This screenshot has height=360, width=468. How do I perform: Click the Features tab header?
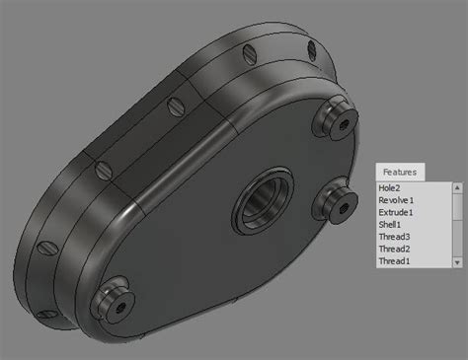click(400, 172)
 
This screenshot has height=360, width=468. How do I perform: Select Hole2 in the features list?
click(389, 187)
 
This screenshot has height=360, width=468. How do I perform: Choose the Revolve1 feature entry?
click(395, 200)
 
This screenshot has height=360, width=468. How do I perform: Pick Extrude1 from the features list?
click(395, 213)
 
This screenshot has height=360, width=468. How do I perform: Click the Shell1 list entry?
click(389, 225)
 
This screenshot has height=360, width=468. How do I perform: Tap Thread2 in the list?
click(393, 250)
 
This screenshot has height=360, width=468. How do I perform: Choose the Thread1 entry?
click(393, 262)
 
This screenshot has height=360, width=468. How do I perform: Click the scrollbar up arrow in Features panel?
click(456, 187)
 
